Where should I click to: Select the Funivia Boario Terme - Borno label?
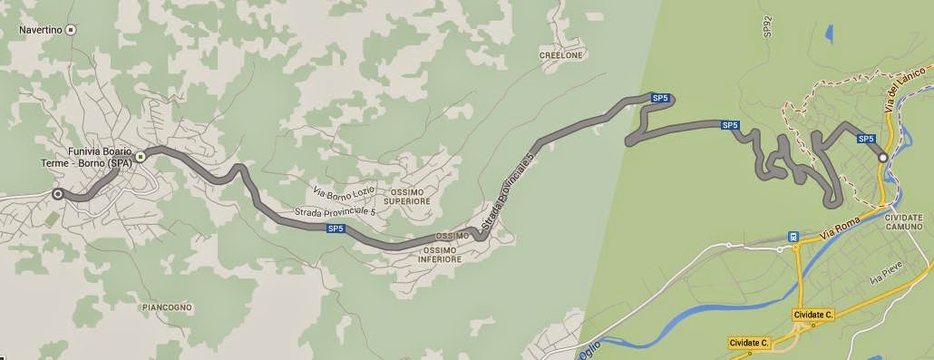100,157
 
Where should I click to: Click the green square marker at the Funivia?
141,157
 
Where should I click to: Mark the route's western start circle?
58,193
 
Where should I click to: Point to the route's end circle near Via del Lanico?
882,158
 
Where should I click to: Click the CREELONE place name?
563,54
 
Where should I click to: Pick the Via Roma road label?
838,226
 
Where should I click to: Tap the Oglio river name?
586,350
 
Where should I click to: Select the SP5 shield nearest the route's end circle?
866,139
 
